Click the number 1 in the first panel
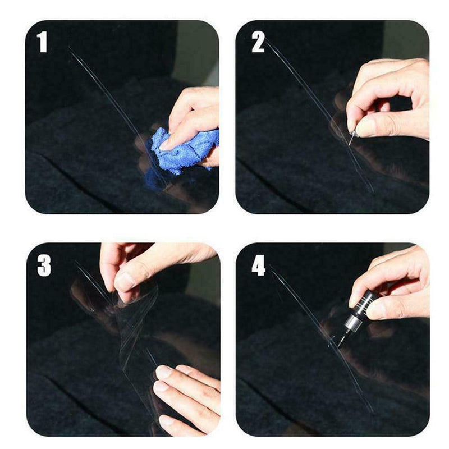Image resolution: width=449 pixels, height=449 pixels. pyautogui.click(x=43, y=43)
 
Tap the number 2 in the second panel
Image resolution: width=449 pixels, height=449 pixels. pyautogui.click(x=258, y=43)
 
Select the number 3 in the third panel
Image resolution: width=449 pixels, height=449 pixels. pyautogui.click(x=44, y=265)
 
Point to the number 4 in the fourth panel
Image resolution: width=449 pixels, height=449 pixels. pyautogui.click(x=258, y=265)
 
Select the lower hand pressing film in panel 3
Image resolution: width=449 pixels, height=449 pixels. pyautogui.click(x=188, y=393)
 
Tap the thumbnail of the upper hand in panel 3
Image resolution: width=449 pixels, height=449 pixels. pyautogui.click(x=125, y=281)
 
